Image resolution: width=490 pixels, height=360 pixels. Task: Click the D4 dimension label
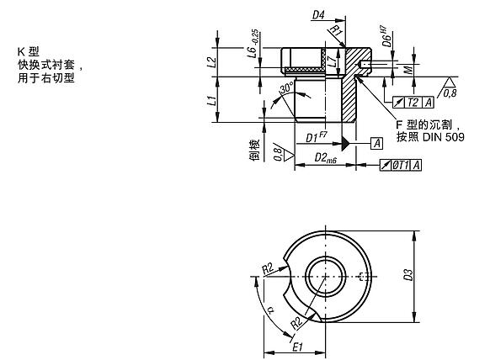coord(319,15)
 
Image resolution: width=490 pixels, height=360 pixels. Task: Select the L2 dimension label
coord(212,62)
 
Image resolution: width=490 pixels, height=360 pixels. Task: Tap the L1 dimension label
coord(212,100)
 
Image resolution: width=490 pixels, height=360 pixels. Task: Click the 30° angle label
coord(287,87)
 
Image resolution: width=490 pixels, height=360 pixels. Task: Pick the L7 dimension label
coord(333,61)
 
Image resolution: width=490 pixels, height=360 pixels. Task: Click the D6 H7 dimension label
coord(386,37)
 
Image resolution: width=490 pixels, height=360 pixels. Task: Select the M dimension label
coord(408,71)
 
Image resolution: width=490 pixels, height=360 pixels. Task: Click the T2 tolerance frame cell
coord(413,103)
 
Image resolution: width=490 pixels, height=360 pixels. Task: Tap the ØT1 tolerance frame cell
coord(401,165)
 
